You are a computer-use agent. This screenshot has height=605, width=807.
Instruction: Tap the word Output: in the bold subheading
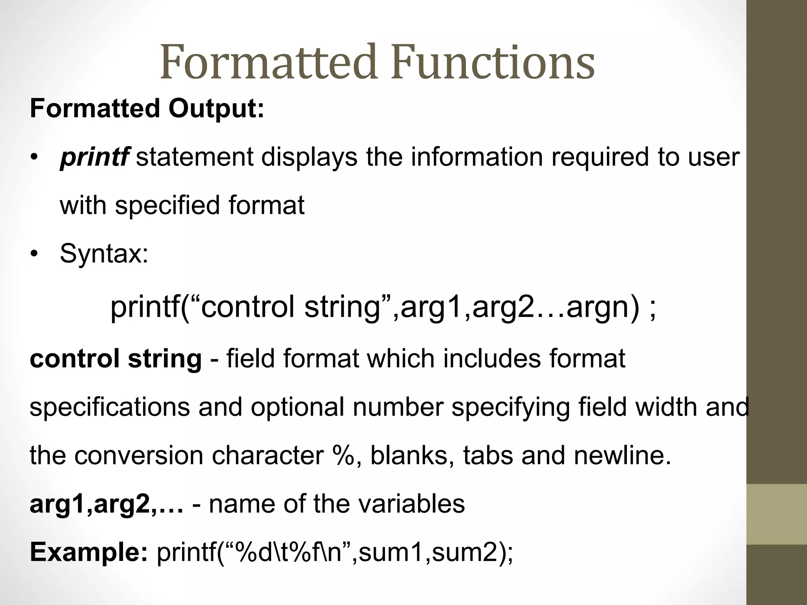click(216, 108)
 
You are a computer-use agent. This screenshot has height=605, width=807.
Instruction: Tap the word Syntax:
click(104, 254)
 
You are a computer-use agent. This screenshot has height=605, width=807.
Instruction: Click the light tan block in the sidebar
click(777, 514)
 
